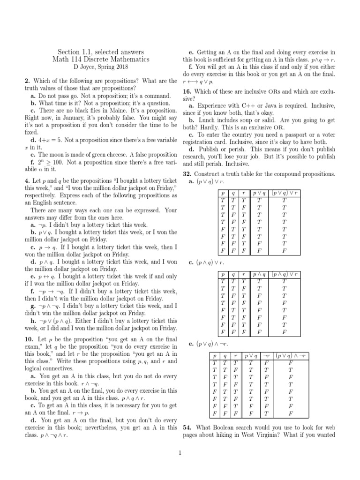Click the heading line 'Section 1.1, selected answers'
click(101, 52)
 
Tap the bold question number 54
click(187, 427)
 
